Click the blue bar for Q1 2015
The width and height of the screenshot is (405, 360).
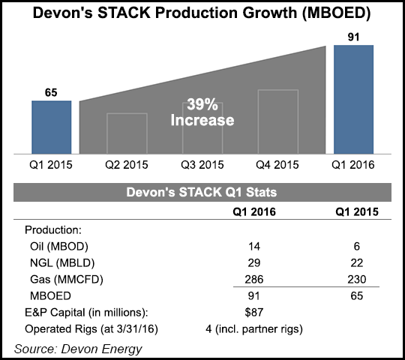click(x=51, y=125)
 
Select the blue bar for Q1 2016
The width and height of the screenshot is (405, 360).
click(x=354, y=97)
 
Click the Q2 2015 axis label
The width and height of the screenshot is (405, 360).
click(x=127, y=163)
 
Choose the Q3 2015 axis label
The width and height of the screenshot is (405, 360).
click(x=202, y=163)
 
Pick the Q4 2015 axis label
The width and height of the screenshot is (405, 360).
click(x=277, y=163)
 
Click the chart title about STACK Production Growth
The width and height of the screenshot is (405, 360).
click(x=202, y=14)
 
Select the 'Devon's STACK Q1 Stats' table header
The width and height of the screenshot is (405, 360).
click(x=202, y=194)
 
